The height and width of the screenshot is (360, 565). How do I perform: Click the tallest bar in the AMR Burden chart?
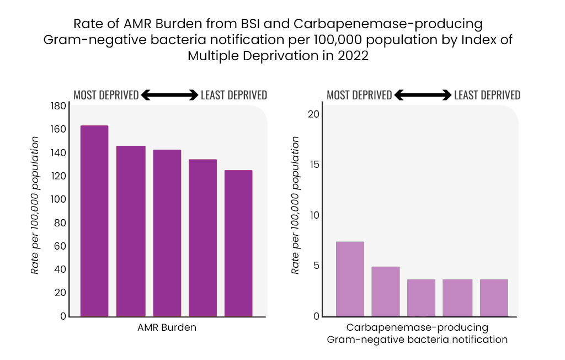(94, 221)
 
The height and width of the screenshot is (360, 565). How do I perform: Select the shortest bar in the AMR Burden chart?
(238, 243)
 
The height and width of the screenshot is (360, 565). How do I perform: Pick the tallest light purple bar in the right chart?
(350, 279)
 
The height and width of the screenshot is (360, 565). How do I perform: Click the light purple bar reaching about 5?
(385, 292)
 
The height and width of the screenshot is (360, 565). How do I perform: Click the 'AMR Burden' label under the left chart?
(167, 327)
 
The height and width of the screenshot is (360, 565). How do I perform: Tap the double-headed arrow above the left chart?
(169, 96)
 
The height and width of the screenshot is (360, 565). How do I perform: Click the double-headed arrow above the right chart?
(423, 96)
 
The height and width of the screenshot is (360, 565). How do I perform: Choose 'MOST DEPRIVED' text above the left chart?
(106, 96)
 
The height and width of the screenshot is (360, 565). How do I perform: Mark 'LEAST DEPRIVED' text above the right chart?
(487, 96)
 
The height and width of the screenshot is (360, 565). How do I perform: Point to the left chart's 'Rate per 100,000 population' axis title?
(35, 205)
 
